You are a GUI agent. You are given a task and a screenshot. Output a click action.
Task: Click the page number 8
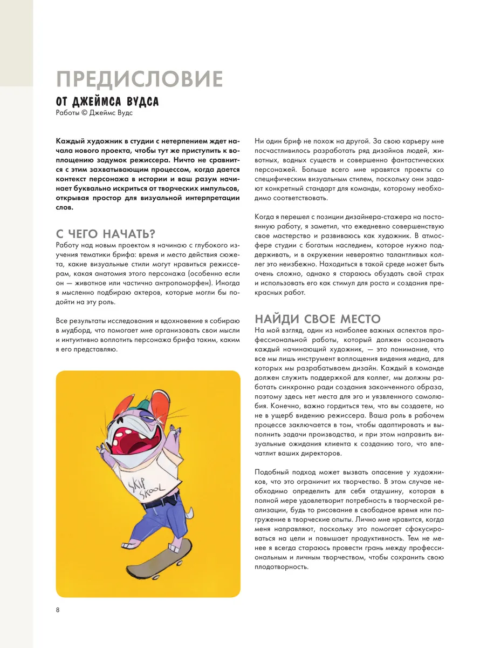tap(58, 610)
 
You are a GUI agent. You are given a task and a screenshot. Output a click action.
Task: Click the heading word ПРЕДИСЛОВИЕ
tap(139, 79)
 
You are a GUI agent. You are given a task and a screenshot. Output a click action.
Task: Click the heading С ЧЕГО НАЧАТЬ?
tap(106, 234)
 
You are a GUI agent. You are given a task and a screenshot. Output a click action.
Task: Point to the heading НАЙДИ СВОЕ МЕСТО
tap(318, 318)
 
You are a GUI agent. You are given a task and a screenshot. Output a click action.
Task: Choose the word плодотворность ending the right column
tap(280, 567)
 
